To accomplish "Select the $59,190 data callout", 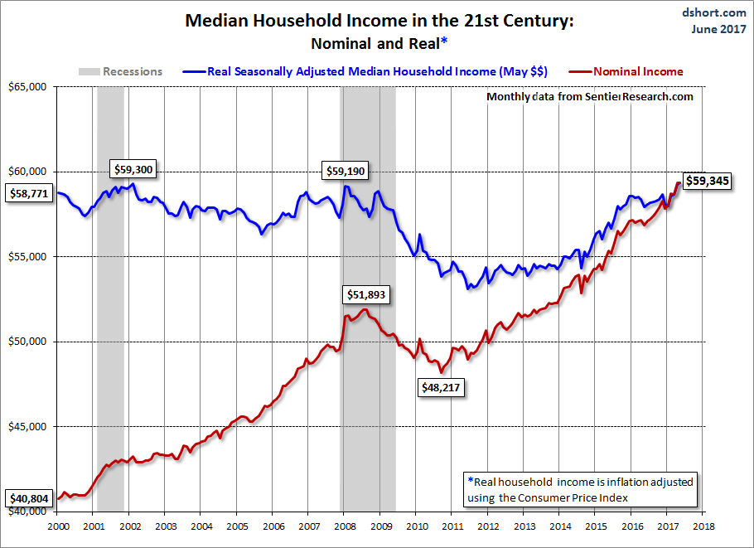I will [x=345, y=172].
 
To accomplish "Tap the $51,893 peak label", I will [x=365, y=294].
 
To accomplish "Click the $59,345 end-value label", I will [x=707, y=180].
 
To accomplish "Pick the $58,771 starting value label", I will [x=27, y=193].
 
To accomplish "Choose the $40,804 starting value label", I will [x=27, y=499].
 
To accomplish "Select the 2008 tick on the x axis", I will [x=345, y=526].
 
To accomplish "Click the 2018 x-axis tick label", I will [x=703, y=526].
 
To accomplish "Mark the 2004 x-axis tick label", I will [x=201, y=526].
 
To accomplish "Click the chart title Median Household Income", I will [x=378, y=22].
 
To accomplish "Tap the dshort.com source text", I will [x=715, y=12].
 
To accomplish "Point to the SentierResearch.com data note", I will [x=589, y=97].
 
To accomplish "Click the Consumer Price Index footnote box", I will [x=581, y=488].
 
